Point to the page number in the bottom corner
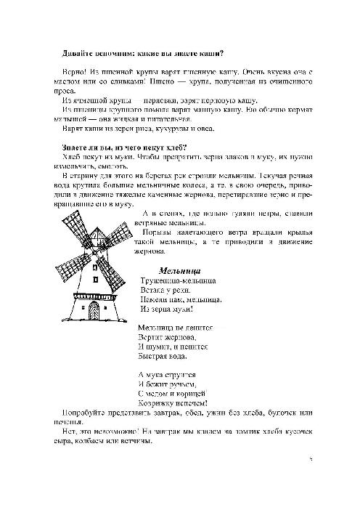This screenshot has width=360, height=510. coord(309,458)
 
